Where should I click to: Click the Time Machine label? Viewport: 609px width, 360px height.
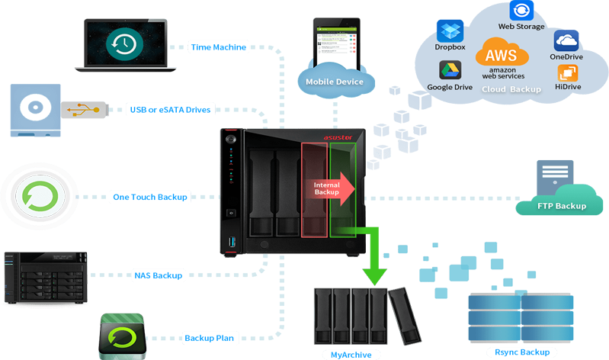coord(218,47)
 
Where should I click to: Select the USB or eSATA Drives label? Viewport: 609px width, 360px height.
coord(170,110)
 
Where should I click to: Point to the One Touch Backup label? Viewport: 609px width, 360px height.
coord(150,197)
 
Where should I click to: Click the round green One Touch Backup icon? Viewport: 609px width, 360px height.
coord(37,196)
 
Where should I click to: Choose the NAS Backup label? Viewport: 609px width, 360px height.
coord(158,275)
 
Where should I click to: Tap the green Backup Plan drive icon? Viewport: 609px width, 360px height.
coord(122,336)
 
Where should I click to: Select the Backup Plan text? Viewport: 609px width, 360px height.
coord(209,338)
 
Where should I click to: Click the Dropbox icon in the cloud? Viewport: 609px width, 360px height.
coord(450,31)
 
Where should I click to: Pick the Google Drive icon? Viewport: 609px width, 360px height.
coord(450,71)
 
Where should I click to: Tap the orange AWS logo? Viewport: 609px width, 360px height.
coord(502,55)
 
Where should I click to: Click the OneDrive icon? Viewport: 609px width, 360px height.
coord(566,40)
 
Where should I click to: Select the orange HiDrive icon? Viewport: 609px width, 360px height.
coord(568,73)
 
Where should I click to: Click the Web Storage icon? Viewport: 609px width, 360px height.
coord(521,10)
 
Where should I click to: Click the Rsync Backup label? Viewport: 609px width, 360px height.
coord(521,352)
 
